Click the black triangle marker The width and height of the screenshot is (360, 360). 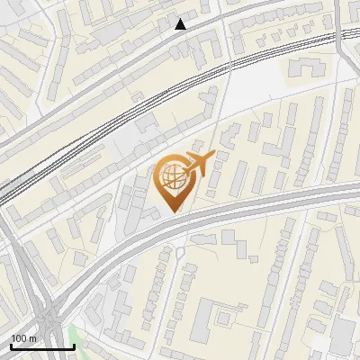tap(181, 24)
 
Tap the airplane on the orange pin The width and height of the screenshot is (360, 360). tap(197, 164)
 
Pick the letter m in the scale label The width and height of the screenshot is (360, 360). tap(33, 337)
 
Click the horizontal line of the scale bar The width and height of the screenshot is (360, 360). tap(41, 346)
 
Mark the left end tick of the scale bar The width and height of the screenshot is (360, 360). tap(11, 345)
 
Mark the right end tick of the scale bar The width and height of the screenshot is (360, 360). tap(73, 345)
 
